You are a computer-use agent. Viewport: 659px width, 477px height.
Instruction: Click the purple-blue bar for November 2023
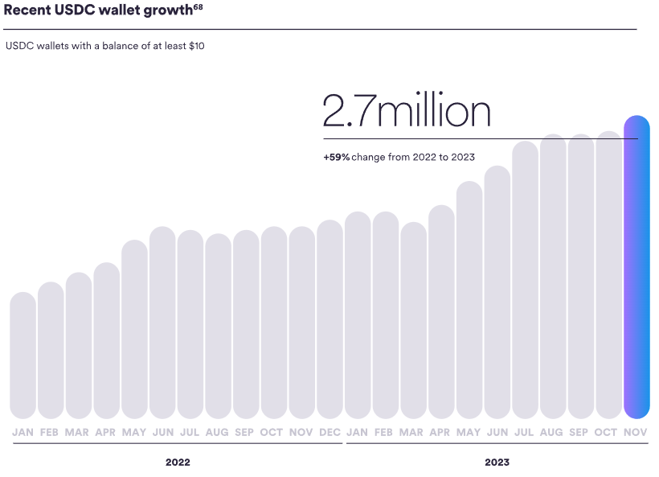[x=636, y=273]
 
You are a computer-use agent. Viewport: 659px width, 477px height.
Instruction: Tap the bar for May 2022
[x=135, y=330]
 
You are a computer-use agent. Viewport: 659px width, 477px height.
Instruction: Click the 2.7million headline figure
[x=406, y=112]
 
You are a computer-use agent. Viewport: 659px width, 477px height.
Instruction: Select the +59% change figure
[x=337, y=157]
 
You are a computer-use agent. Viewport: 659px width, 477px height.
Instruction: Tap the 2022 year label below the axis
[x=178, y=463]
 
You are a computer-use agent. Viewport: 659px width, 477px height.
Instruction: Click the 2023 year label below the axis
[x=497, y=463]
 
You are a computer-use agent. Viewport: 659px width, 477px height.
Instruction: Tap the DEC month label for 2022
[x=329, y=433]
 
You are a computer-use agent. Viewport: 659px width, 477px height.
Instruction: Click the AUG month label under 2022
[x=218, y=433]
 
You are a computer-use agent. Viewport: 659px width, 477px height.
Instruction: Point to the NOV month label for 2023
[x=636, y=433]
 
